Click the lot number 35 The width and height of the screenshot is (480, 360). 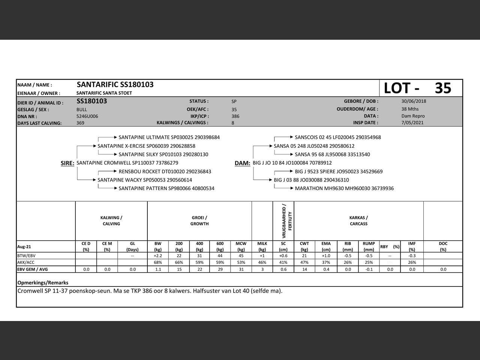(x=443, y=88)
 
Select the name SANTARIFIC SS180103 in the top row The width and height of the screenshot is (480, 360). (x=115, y=85)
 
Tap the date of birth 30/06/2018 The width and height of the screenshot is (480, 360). (x=414, y=101)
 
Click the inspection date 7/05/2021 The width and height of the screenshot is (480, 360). (x=413, y=123)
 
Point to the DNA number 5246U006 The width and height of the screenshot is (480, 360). (x=87, y=116)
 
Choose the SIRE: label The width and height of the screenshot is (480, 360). (x=67, y=163)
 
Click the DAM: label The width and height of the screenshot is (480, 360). (x=242, y=163)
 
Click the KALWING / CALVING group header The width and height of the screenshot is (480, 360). (x=111, y=220)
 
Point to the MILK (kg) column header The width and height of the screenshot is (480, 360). (x=262, y=246)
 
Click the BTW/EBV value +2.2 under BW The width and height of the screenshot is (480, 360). (x=158, y=256)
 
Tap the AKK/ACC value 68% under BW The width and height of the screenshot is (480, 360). (x=158, y=262)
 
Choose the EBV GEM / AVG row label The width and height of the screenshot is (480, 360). (x=33, y=269)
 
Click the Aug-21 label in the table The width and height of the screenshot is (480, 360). (x=24, y=247)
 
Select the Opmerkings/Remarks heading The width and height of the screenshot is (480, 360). (x=43, y=283)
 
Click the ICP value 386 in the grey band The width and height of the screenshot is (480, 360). (x=235, y=116)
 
